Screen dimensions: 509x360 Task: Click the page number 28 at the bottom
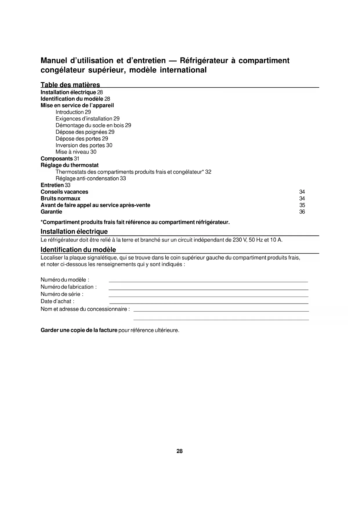(x=180, y=451)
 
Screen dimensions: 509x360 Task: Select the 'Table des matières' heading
(x=70, y=85)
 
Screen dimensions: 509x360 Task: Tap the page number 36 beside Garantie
(x=302, y=212)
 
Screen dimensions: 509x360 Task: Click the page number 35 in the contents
(x=302, y=205)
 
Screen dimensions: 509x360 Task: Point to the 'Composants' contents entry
(x=57, y=159)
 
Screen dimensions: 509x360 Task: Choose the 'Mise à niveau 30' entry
(x=76, y=152)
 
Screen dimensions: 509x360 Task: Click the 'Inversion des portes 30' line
(x=84, y=145)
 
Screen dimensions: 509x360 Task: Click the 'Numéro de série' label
(x=62, y=294)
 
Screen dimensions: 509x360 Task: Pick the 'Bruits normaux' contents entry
(x=60, y=198)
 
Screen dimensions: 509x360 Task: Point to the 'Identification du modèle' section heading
(x=78, y=250)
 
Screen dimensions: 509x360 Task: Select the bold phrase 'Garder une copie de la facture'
(x=79, y=331)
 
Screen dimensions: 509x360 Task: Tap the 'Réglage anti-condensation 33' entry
(x=91, y=178)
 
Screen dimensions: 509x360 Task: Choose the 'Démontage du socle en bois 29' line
(x=93, y=125)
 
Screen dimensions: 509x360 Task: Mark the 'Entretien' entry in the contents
(x=52, y=185)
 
